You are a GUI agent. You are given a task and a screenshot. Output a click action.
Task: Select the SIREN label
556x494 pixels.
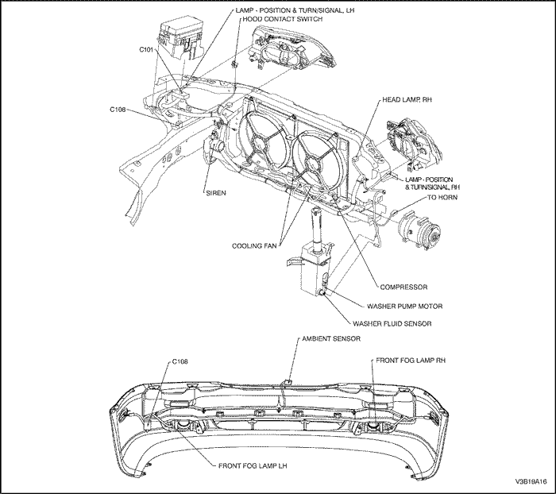pos(216,192)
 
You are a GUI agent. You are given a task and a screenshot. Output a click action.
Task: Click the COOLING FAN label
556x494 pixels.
pos(253,245)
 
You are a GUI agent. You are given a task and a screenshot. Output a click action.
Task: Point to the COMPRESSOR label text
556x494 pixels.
pos(406,287)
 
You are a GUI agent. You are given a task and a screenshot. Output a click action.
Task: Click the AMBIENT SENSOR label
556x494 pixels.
pos(331,338)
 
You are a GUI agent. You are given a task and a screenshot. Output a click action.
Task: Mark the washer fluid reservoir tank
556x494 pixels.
pos(311,269)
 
